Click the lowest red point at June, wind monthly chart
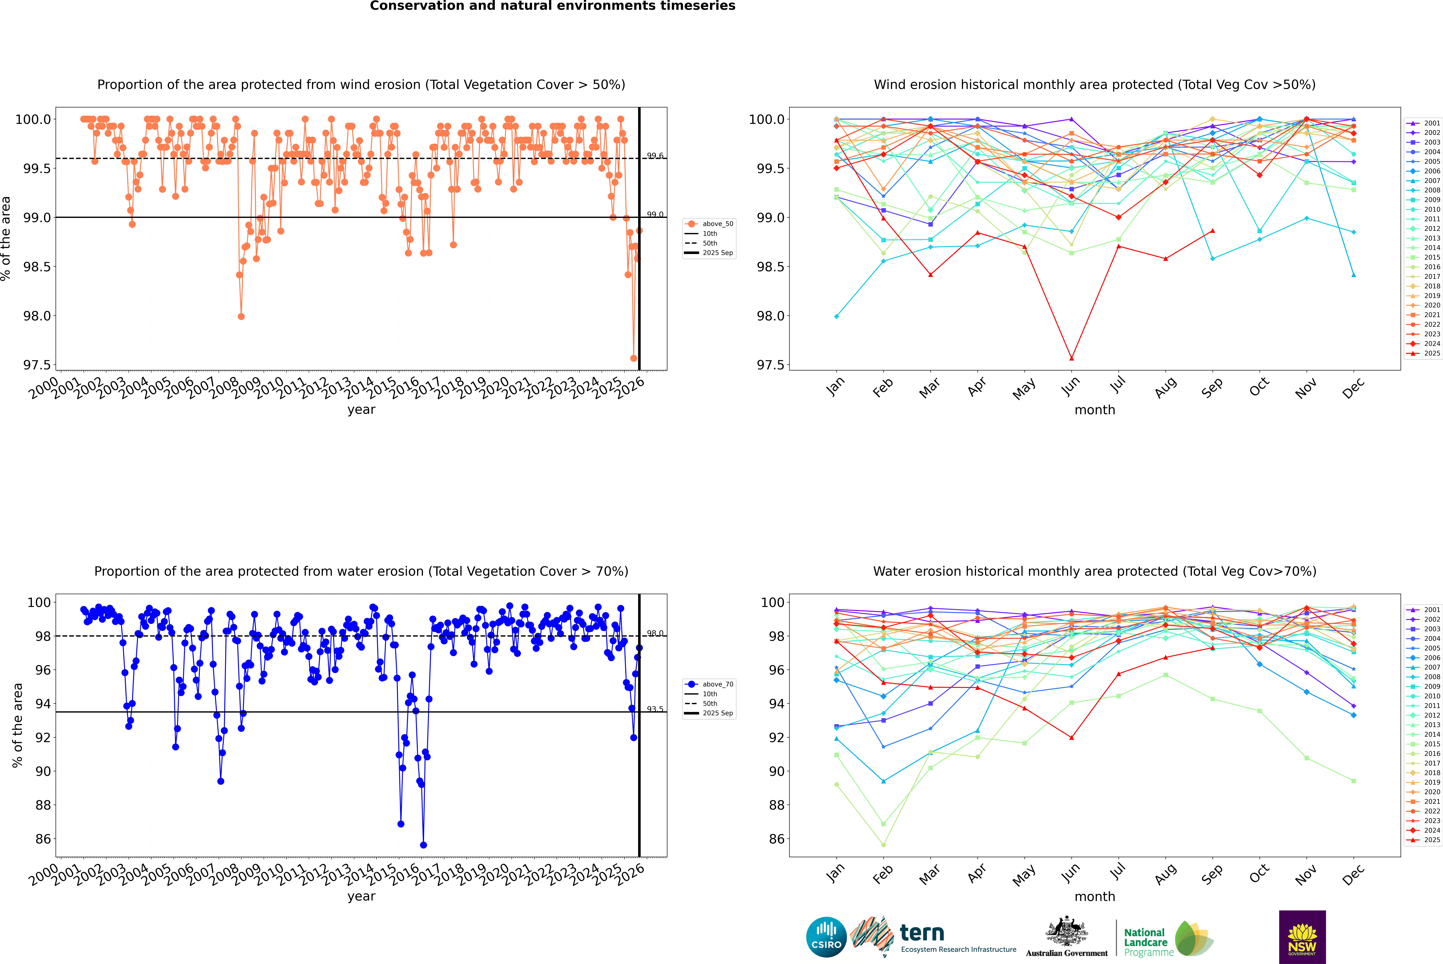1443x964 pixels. (1071, 358)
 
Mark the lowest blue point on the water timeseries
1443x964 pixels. (423, 845)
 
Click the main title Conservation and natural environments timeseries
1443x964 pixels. (552, 6)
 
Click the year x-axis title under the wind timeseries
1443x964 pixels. (361, 410)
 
